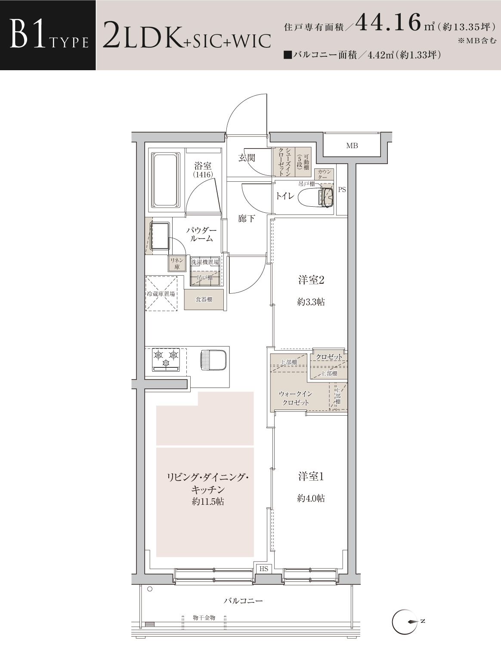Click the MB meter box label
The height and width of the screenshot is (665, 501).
click(x=352, y=146)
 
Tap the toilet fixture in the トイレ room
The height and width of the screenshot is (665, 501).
click(x=316, y=197)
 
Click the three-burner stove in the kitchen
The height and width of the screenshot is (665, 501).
click(x=166, y=360)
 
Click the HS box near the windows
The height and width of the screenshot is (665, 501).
click(x=264, y=569)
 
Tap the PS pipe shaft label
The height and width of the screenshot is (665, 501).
click(x=342, y=190)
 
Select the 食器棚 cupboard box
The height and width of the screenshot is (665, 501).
click(x=204, y=299)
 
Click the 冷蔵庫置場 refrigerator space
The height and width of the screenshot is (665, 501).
click(x=161, y=293)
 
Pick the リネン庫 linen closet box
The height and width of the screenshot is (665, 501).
click(x=176, y=264)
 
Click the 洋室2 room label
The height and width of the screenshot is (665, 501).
click(x=311, y=280)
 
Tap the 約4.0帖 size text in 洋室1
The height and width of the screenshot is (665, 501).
click(x=311, y=498)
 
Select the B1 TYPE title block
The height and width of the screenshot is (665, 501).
click(x=48, y=35)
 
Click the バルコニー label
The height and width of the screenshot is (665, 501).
click(x=243, y=600)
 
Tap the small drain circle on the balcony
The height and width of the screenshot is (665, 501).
click(x=150, y=589)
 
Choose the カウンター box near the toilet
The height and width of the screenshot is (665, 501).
click(x=324, y=174)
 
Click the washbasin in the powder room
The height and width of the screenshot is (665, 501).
click(x=160, y=236)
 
